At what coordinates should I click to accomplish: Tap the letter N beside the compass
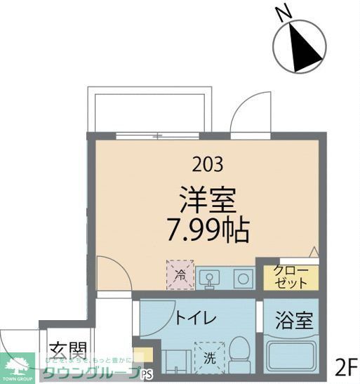[x=283, y=12]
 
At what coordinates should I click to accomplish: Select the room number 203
[x=208, y=164]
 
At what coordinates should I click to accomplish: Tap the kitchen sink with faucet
[x=208, y=279]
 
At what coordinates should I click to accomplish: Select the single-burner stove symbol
[x=244, y=279]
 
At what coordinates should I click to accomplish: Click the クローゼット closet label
[x=288, y=278]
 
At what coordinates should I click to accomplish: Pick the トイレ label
[x=191, y=320]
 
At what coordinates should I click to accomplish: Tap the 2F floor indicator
[x=346, y=366]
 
